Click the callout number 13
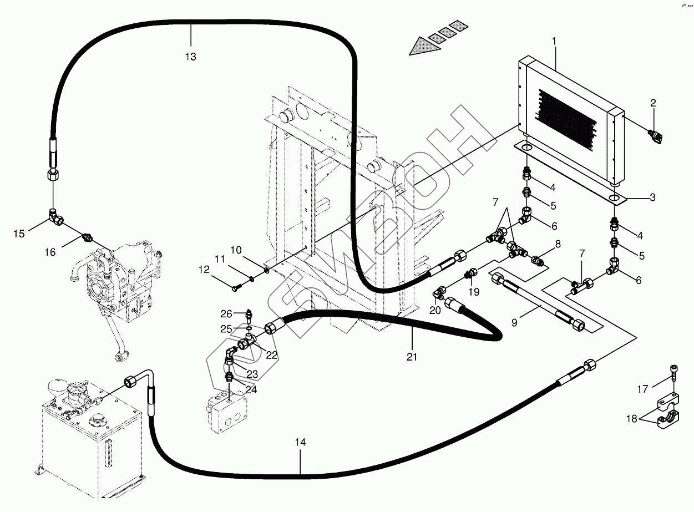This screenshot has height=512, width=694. tap(190, 57)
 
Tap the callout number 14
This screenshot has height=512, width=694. tap(300, 442)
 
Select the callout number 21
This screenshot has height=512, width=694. tap(412, 357)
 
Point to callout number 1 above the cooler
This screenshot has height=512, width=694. tap(554, 41)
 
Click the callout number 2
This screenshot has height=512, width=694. tap(653, 103)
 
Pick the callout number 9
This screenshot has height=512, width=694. tap(514, 323)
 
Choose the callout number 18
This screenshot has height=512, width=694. tap(632, 418)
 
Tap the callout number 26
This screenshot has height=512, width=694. tap(226, 313)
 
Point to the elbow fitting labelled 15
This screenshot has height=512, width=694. tap(56, 216)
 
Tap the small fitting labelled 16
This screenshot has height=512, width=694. tap(87, 237)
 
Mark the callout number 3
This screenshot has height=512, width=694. tap(652, 197)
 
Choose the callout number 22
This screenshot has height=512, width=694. tap(272, 355)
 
